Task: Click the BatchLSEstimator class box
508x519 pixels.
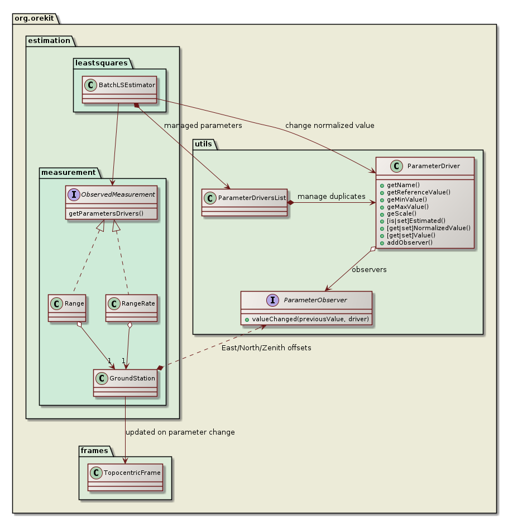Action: point(119,89)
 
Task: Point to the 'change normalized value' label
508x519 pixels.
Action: point(329,125)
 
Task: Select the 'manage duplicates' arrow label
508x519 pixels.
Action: point(332,196)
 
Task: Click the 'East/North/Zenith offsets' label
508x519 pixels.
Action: point(270,348)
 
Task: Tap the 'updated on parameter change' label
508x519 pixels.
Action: point(180,432)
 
